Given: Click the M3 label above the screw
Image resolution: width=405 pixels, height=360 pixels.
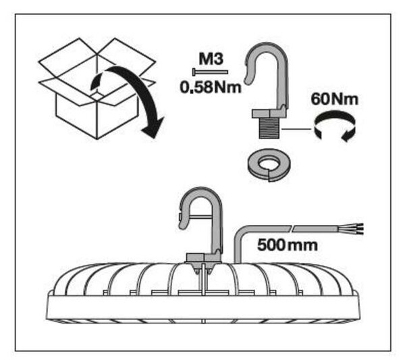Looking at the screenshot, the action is pyautogui.click(x=211, y=59).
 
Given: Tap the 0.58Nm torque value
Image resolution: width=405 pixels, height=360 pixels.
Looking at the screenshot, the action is pyautogui.click(x=211, y=87).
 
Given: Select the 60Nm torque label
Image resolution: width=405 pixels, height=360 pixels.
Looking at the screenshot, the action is pyautogui.click(x=335, y=99).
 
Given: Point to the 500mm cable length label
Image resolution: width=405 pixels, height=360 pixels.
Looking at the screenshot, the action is pyautogui.click(x=288, y=245).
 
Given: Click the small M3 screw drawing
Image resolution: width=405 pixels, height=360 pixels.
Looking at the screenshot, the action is pyautogui.click(x=210, y=72).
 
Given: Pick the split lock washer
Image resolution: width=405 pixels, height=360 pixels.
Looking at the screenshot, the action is pyautogui.click(x=269, y=165).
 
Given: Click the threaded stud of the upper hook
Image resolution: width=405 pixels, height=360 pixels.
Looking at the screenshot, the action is pyautogui.click(x=269, y=128).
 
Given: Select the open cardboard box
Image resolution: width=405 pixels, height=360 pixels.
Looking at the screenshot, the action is pyautogui.click(x=97, y=89).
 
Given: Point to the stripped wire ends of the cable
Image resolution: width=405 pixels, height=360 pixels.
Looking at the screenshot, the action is pyautogui.click(x=358, y=229).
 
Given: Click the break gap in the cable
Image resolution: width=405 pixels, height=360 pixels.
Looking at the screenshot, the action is pyautogui.click(x=292, y=229).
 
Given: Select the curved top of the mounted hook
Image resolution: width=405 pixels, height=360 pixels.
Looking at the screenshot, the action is pyautogui.click(x=200, y=195).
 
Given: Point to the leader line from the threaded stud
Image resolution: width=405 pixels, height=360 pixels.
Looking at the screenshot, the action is pyautogui.click(x=297, y=128).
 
